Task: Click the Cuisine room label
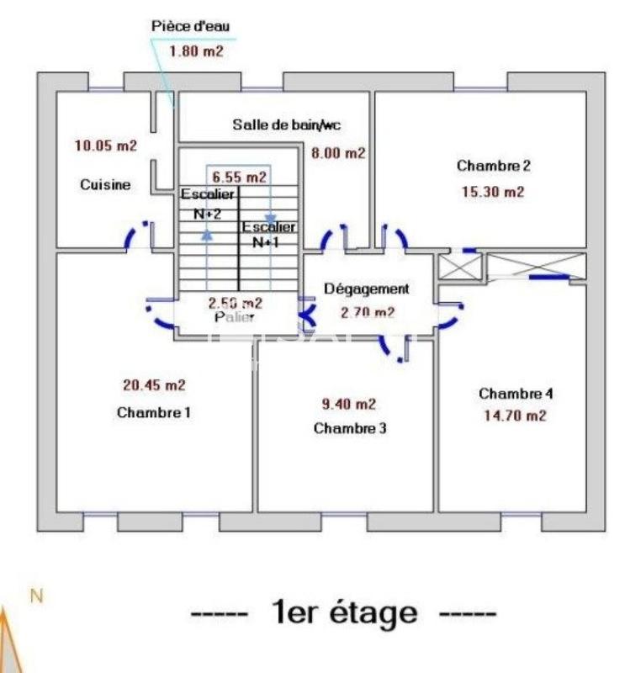pyautogui.click(x=105, y=185)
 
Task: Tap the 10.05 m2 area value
pyautogui.click(x=105, y=146)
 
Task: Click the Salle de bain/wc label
pyautogui.click(x=286, y=125)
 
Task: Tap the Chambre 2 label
pyautogui.click(x=493, y=166)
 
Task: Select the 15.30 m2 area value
pyautogui.click(x=493, y=191)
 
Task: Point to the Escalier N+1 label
pyautogui.click(x=268, y=234)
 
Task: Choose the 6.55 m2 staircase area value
pyautogui.click(x=239, y=177)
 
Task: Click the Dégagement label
pyautogui.click(x=367, y=289)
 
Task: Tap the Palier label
pyautogui.click(x=235, y=317)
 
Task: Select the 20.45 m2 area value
pyautogui.click(x=154, y=385)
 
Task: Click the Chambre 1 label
pyautogui.click(x=154, y=412)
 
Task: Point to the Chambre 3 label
pyautogui.click(x=350, y=428)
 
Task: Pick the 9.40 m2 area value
pyautogui.click(x=350, y=403)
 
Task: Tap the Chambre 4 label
pyautogui.click(x=516, y=393)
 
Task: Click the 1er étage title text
pyautogui.click(x=344, y=612)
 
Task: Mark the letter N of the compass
pyautogui.click(x=36, y=596)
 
